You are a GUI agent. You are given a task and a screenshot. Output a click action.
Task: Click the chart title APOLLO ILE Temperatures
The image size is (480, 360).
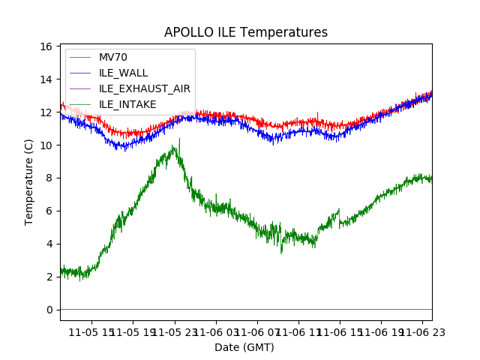[246, 33]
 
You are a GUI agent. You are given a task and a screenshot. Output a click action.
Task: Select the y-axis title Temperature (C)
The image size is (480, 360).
[29, 181]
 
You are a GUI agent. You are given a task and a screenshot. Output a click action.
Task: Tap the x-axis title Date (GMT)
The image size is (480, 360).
[244, 347]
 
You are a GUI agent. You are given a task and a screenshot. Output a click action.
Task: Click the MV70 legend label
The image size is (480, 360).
[113, 58]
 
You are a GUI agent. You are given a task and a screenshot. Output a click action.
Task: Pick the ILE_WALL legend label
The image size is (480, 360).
[123, 73]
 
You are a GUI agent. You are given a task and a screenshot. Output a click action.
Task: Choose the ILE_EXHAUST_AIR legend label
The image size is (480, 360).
[145, 88]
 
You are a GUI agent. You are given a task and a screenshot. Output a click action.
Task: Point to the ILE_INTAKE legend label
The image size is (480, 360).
[127, 104]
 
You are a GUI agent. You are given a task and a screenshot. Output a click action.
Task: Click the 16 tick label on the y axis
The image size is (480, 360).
[45, 46]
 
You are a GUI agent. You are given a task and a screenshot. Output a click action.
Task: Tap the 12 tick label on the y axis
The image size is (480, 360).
[45, 112]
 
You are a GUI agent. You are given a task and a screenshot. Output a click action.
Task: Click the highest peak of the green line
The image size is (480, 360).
[179, 139]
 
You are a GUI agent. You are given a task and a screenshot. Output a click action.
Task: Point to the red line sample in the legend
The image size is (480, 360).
[80, 58]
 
